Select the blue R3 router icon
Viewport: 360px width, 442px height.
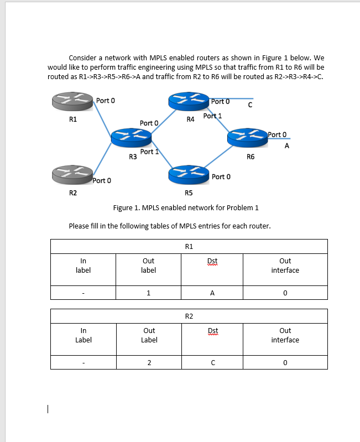click(130, 138)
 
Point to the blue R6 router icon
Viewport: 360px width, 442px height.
click(246, 138)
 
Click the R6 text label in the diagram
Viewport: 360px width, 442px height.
click(251, 157)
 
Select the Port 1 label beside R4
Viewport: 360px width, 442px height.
click(212, 116)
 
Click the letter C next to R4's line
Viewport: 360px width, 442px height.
click(250, 105)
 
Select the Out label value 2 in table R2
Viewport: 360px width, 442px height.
click(149, 363)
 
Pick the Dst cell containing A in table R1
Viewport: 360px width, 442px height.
click(212, 293)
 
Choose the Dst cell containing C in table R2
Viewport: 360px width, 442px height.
click(212, 363)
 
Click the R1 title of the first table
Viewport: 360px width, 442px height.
click(189, 246)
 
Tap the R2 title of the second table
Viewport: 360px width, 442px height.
click(189, 316)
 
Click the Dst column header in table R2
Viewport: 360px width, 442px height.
click(212, 331)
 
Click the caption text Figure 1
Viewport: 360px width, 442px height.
click(185, 208)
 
